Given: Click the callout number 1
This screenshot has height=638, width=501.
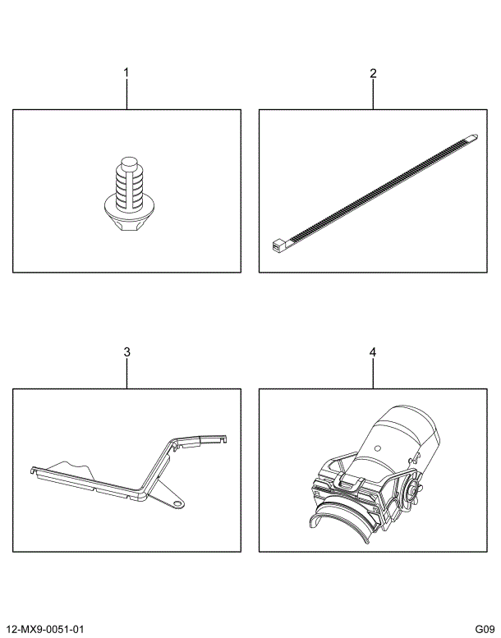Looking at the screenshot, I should click(x=126, y=73).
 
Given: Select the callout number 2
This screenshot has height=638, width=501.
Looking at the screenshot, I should click(x=373, y=73).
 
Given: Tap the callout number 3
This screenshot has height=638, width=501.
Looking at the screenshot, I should click(x=126, y=352).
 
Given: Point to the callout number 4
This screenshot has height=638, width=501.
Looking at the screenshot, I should click(x=373, y=352).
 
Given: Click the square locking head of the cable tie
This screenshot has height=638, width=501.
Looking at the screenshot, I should click(x=278, y=243).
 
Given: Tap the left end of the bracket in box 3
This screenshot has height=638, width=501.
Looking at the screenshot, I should click(x=34, y=471).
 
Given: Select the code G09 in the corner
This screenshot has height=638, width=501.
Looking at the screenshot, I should click(x=483, y=629).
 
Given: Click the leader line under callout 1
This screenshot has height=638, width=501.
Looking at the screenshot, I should click(x=126, y=94).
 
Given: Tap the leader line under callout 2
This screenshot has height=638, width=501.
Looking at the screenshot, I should click(x=373, y=94).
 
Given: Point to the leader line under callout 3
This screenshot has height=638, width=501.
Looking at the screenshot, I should click(x=126, y=374).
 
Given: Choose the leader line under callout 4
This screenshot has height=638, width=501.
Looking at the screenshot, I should click(x=373, y=374).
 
